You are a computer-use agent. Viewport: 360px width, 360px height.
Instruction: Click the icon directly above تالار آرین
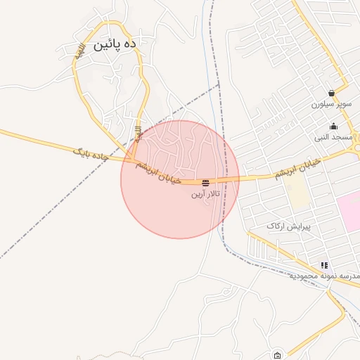click(205, 183)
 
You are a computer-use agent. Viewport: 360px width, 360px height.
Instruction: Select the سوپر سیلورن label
click(331, 103)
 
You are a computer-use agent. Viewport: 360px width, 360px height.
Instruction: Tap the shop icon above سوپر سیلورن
click(331, 93)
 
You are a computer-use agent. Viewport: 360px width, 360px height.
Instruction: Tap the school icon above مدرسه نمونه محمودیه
click(324, 265)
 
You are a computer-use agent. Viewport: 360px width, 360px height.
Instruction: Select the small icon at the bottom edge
click(278, 354)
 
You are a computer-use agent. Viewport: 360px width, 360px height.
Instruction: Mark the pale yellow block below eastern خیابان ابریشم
click(297, 191)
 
